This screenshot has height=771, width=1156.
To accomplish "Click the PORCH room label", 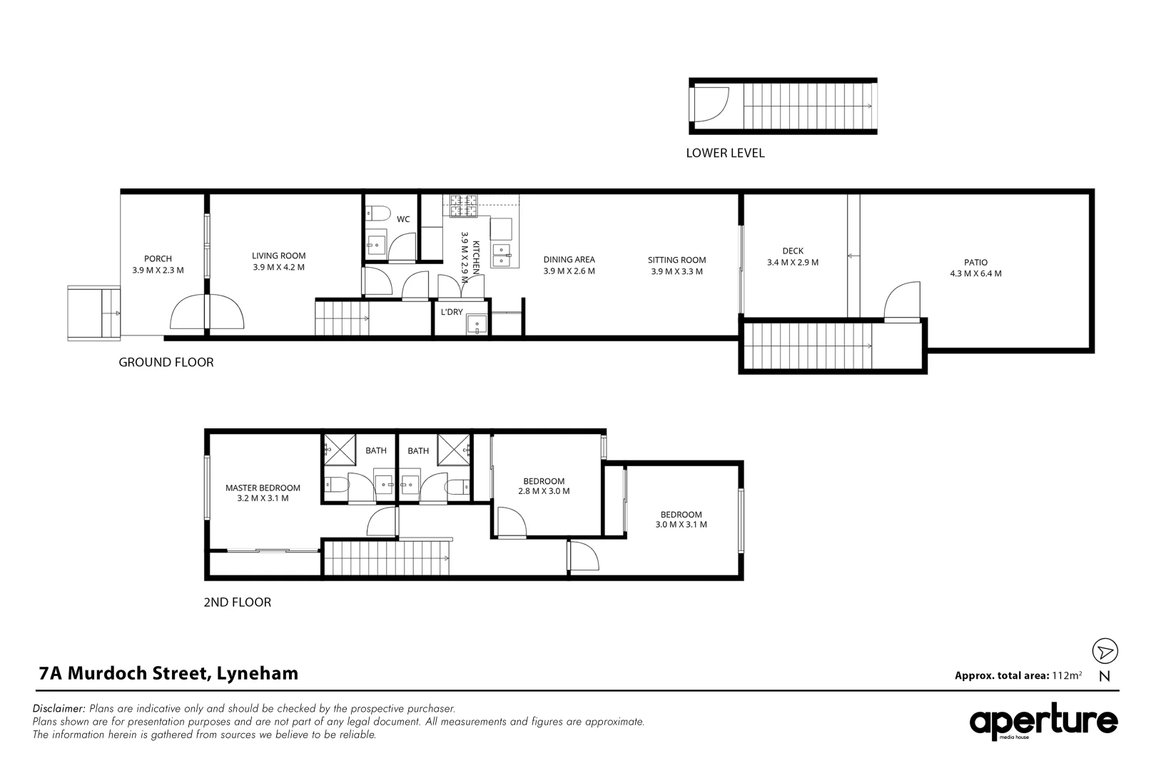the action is (x=158, y=258).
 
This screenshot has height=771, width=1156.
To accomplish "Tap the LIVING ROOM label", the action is (x=279, y=256).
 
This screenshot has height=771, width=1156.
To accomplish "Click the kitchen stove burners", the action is (x=463, y=206).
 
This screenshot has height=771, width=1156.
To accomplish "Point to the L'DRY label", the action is (x=452, y=312).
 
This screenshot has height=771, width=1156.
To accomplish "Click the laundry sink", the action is (x=477, y=324).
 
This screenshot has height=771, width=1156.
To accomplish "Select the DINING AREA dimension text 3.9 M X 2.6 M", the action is (x=569, y=271).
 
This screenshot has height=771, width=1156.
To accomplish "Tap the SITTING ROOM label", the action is (x=677, y=261).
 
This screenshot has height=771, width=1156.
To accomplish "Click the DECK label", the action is (x=793, y=251).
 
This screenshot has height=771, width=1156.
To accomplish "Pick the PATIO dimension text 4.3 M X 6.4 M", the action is (x=976, y=273).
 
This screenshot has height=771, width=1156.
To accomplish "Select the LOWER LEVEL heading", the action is (x=725, y=153).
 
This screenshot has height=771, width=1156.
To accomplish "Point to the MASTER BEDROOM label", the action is (x=263, y=488).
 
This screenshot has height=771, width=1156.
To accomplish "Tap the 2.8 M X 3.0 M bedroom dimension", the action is (x=544, y=491).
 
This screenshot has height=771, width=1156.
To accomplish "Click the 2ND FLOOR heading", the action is (x=238, y=602).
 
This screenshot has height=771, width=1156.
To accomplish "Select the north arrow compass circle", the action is (x=1105, y=651).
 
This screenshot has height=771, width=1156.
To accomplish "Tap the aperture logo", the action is (x=1043, y=722).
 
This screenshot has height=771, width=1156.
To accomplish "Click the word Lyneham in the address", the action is (x=258, y=674).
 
